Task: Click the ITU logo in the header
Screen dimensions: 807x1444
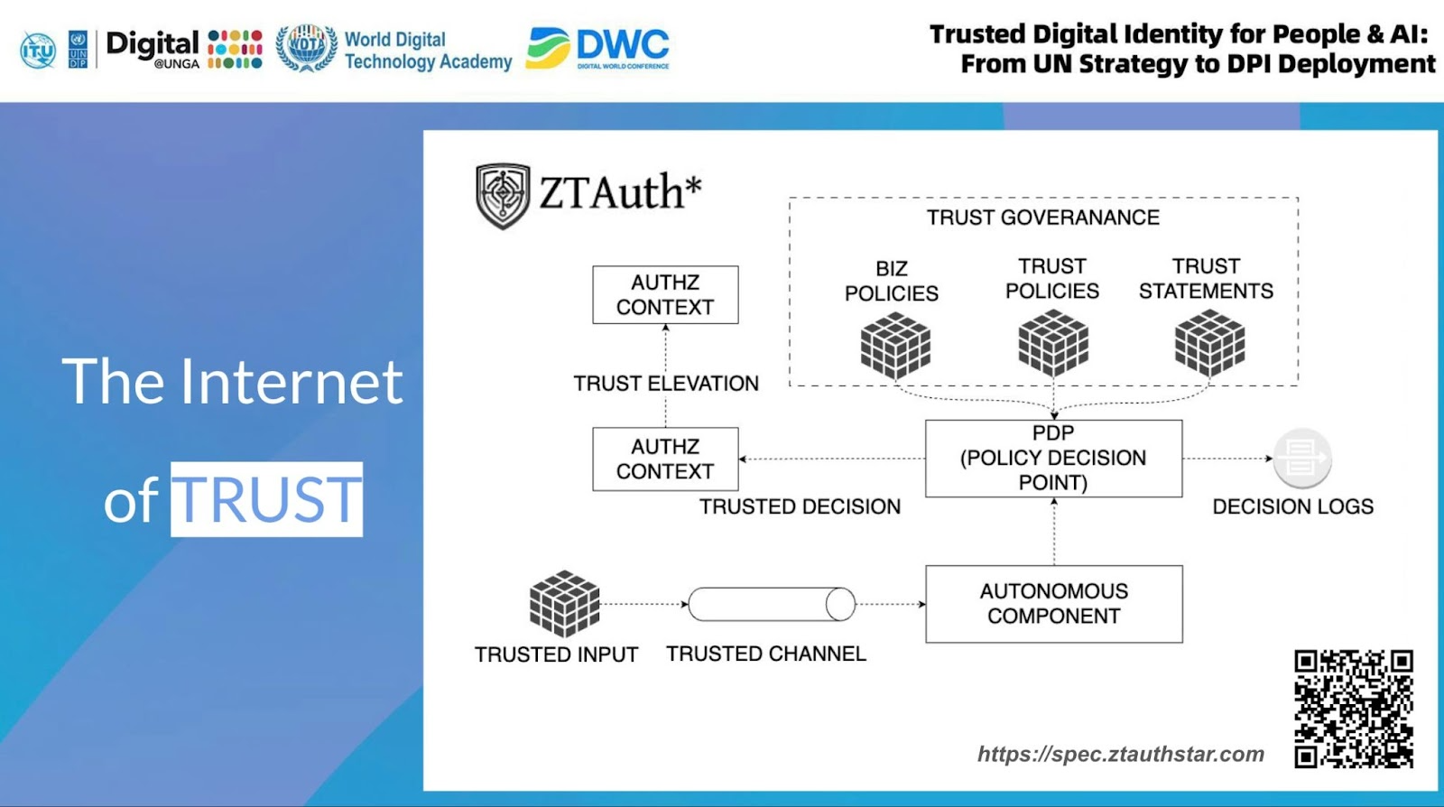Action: [x=38, y=50]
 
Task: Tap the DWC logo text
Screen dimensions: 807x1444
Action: [x=622, y=44]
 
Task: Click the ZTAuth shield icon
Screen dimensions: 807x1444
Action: [x=503, y=195]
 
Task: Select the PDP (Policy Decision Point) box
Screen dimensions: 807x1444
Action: [x=1053, y=458]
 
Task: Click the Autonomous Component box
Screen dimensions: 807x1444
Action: [x=1053, y=604]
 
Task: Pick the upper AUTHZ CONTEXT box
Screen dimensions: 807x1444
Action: [x=665, y=294]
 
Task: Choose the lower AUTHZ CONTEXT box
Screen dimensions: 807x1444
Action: [x=665, y=459]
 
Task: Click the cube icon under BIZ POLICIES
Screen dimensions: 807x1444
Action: [x=894, y=345]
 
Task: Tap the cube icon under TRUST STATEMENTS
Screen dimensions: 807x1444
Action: [x=1209, y=343]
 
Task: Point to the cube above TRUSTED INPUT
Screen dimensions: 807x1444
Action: [x=564, y=603]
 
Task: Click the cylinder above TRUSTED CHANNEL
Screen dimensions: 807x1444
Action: [x=771, y=604]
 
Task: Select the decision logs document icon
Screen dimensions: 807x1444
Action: [x=1301, y=458]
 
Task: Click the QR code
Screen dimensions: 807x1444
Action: [x=1353, y=709]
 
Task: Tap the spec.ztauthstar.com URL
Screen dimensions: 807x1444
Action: [x=1120, y=754]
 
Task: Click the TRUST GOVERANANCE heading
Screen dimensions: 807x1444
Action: [x=1042, y=218]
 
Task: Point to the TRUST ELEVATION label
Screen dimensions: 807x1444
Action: [x=666, y=384]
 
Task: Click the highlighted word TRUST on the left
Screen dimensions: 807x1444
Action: [x=267, y=499]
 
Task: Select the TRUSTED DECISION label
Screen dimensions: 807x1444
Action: [x=800, y=506]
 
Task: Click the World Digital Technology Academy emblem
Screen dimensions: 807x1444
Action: [x=306, y=48]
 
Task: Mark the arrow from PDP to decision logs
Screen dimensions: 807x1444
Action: [x=1227, y=459]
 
